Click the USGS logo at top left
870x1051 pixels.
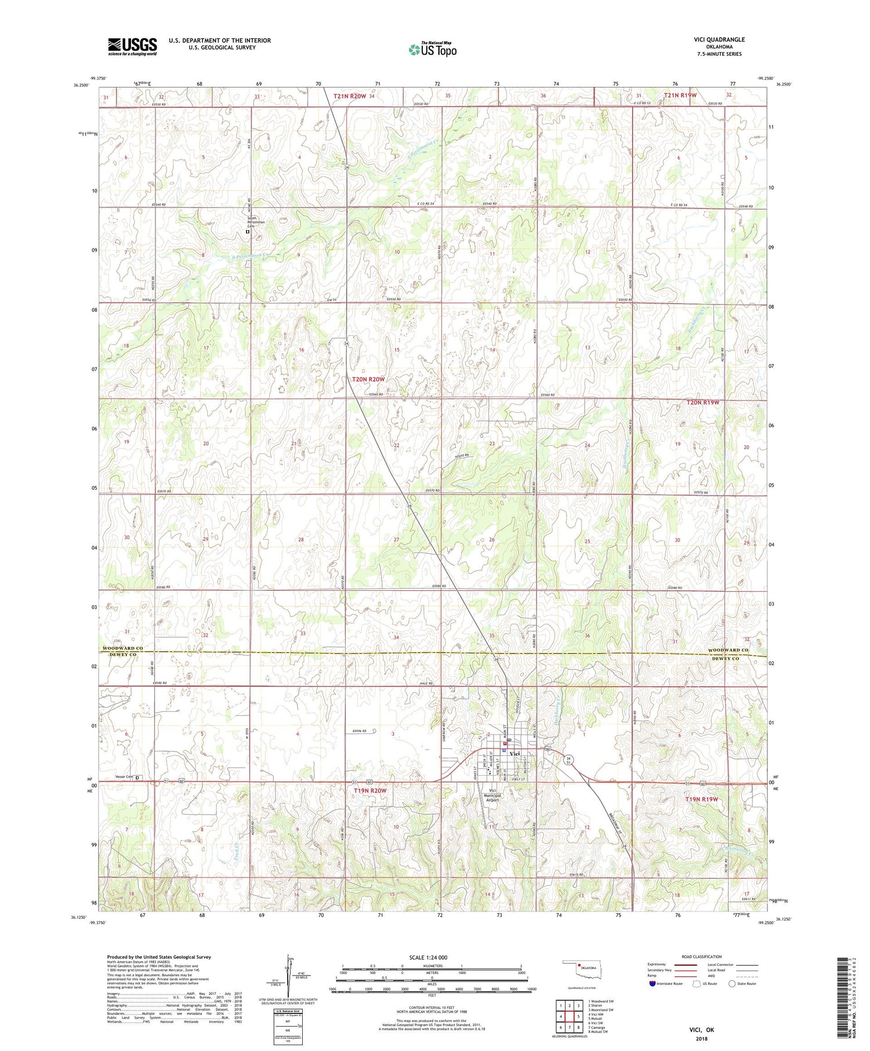(x=132, y=46)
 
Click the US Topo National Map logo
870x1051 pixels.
(x=432, y=50)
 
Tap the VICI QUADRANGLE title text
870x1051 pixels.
(x=719, y=39)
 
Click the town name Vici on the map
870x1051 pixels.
(x=514, y=753)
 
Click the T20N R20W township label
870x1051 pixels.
(x=368, y=379)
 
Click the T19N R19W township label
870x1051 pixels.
(x=702, y=799)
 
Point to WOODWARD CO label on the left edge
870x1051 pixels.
(x=123, y=648)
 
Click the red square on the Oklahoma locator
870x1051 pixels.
(x=579, y=966)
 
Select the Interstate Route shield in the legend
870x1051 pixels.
(x=654, y=984)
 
